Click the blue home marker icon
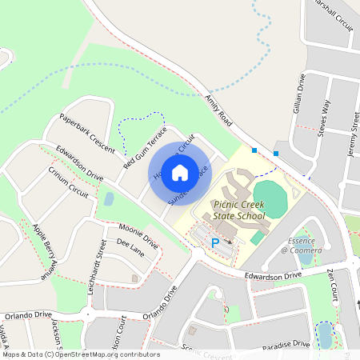[180, 173]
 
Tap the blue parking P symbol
[214, 242]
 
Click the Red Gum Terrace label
[145, 147]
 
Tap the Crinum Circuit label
[69, 182]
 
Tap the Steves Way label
[324, 118]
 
